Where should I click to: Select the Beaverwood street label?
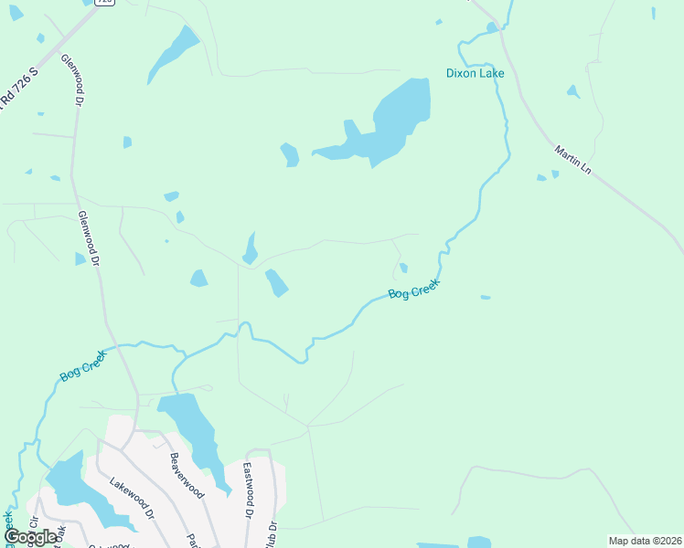[185, 476]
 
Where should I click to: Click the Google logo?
[30, 537]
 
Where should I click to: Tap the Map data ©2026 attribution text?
[646, 541]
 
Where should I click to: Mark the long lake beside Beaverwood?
[195, 434]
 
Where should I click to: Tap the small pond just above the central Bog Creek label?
[403, 268]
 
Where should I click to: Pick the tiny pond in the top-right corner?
[654, 12]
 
